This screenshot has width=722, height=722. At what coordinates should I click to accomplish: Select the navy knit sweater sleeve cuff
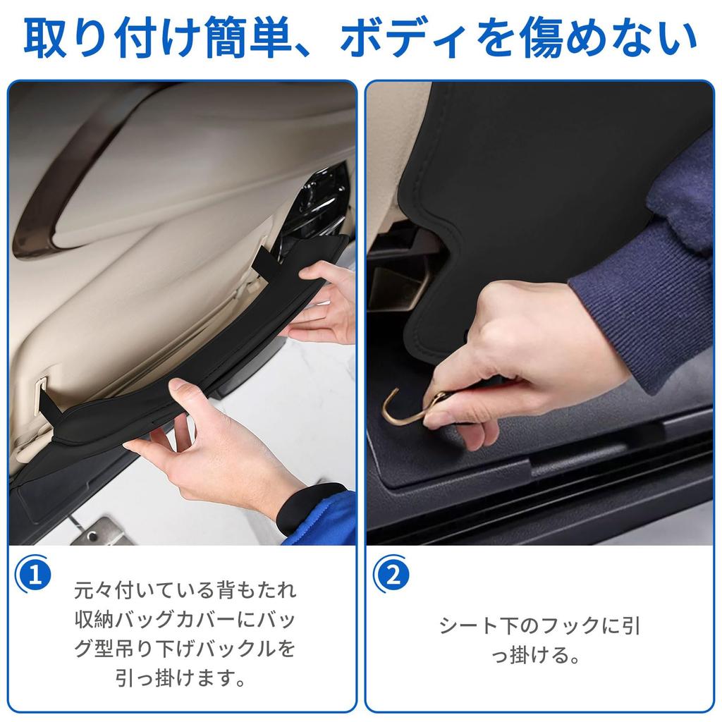620,296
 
